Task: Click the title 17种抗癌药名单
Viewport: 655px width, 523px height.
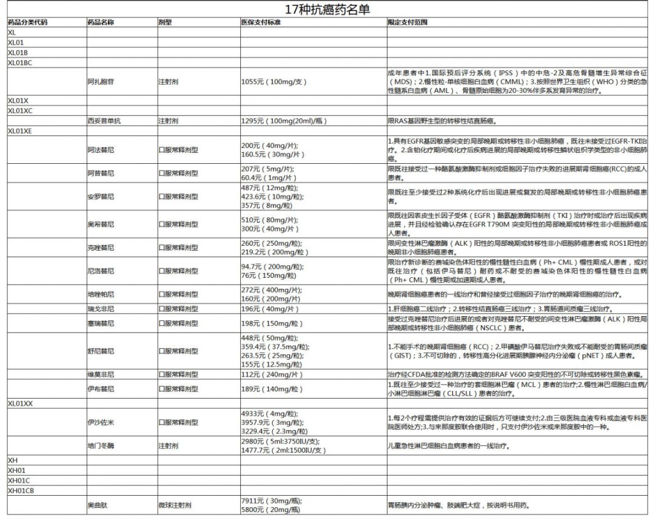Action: (x=327, y=10)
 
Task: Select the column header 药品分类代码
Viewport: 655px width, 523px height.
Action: (x=27, y=22)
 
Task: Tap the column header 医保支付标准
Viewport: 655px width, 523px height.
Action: (x=261, y=22)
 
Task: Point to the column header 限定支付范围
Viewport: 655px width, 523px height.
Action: (x=408, y=22)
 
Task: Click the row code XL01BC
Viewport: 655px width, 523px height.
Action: (x=20, y=62)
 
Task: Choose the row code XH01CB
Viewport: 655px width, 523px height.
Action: (x=21, y=491)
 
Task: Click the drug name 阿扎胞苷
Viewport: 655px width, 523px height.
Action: (x=100, y=81)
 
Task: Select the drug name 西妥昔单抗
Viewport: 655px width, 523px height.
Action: (x=104, y=121)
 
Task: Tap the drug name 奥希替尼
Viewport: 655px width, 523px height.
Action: (x=100, y=224)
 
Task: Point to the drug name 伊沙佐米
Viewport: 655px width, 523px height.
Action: (x=100, y=422)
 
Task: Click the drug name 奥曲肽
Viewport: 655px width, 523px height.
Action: (x=96, y=505)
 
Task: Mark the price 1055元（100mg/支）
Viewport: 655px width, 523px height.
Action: (x=274, y=81)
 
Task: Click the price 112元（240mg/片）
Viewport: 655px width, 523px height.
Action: (x=272, y=374)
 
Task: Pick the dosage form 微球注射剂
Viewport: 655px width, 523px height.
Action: (x=175, y=505)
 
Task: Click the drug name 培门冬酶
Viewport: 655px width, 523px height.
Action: (x=100, y=446)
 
